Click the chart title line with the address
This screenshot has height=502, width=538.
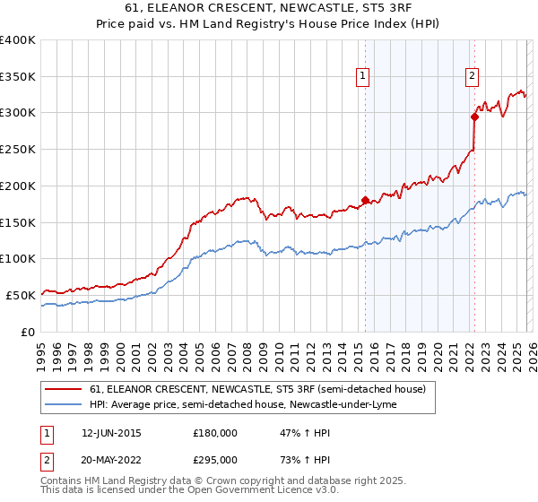click(269, 8)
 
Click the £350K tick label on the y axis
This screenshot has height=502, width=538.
click(18, 76)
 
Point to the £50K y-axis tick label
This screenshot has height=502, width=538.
click(21, 295)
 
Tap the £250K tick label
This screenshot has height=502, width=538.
click(18, 149)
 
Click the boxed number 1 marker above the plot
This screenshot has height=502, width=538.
click(363, 77)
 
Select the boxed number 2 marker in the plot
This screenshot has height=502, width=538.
click(472, 77)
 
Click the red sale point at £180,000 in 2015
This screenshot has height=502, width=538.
click(365, 200)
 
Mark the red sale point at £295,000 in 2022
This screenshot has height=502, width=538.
click(474, 116)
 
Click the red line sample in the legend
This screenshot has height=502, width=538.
click(65, 389)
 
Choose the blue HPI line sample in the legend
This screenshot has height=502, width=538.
click(65, 404)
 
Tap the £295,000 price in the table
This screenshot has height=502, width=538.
click(215, 459)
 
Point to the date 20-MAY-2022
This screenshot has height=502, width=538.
click(111, 459)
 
